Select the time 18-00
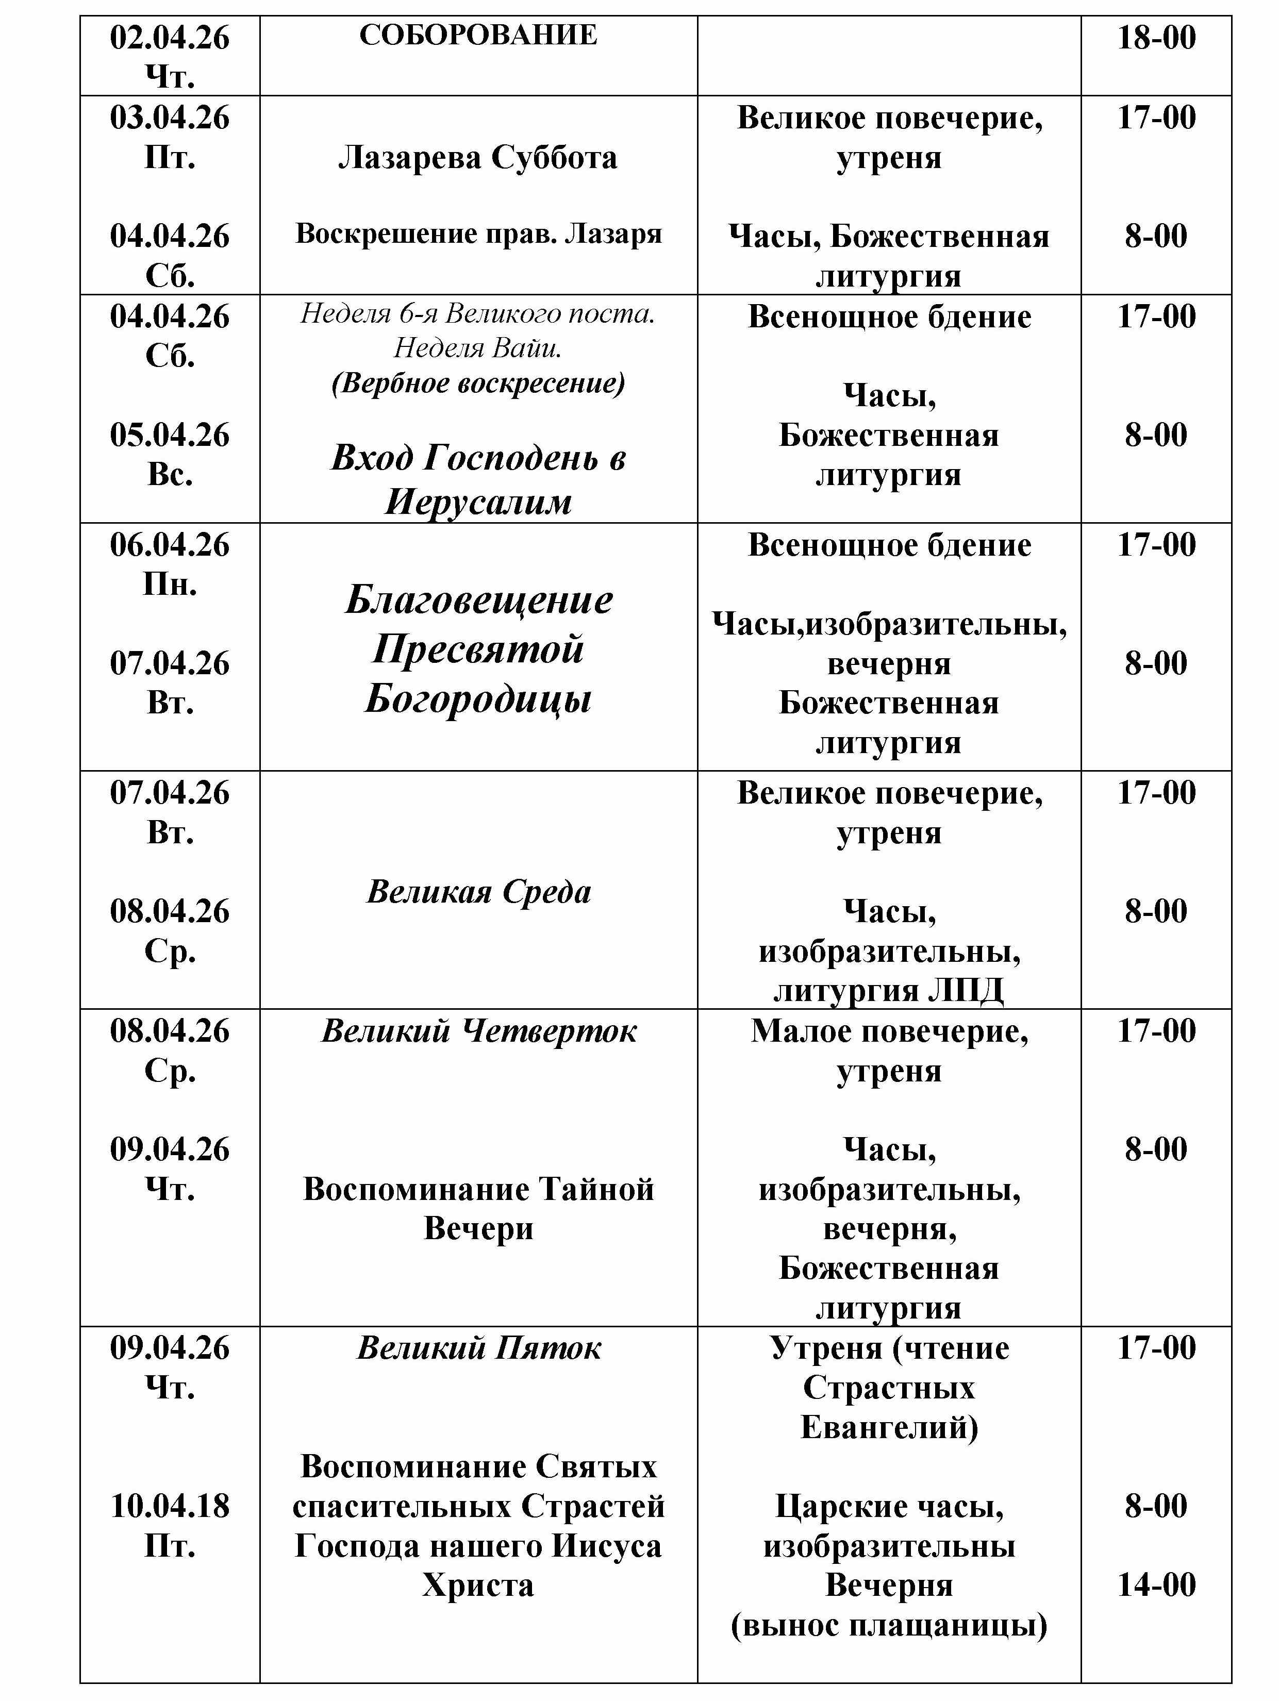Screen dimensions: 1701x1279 pyautogui.click(x=1156, y=38)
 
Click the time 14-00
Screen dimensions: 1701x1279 pyautogui.click(x=1156, y=1585)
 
